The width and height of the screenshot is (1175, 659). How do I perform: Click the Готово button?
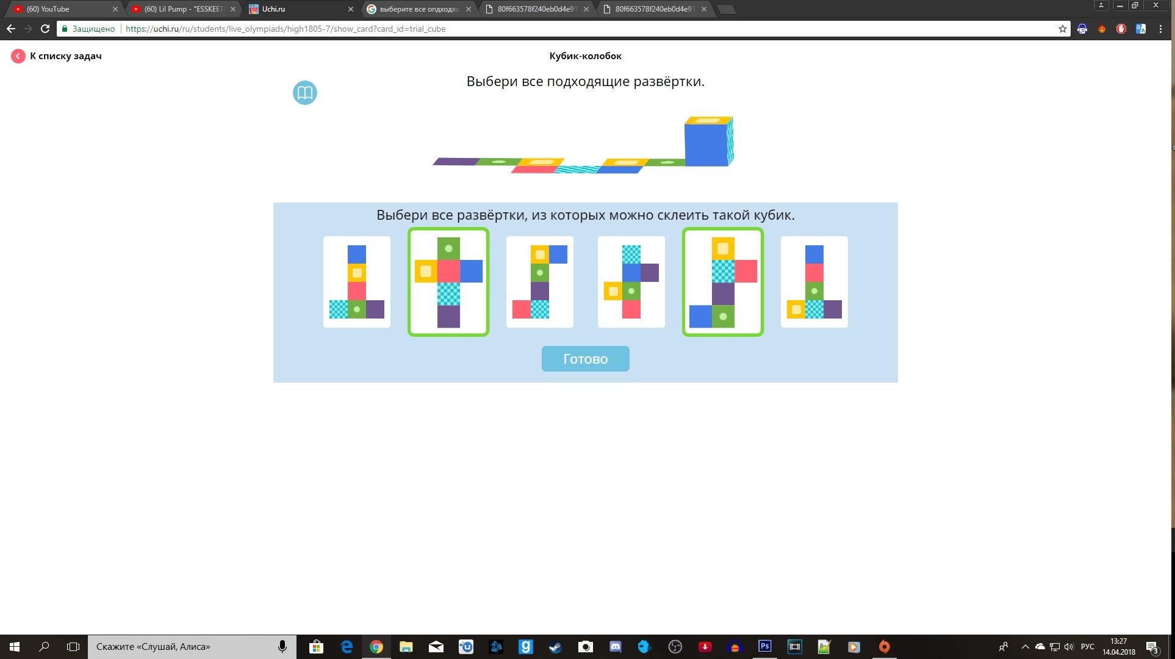click(x=585, y=359)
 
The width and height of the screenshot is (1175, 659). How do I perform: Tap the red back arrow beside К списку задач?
click(x=18, y=56)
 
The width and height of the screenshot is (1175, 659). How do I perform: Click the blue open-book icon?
click(x=305, y=93)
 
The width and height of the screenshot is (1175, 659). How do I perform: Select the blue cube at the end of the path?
click(x=709, y=142)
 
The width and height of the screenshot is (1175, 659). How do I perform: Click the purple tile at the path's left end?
click(x=456, y=162)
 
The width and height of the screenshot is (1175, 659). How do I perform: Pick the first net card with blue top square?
click(x=357, y=282)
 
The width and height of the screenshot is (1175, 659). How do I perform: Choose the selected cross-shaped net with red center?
click(x=448, y=282)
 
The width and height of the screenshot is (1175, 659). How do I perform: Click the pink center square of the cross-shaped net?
click(x=448, y=271)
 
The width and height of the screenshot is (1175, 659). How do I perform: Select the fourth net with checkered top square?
click(x=631, y=282)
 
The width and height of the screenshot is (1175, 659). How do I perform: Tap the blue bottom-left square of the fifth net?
click(x=700, y=317)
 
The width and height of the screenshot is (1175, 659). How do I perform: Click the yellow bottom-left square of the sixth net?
click(x=796, y=309)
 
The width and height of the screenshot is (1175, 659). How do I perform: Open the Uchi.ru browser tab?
click(x=299, y=9)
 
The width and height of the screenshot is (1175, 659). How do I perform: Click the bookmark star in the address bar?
click(x=1062, y=29)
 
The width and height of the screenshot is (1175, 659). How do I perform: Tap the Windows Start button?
click(x=15, y=647)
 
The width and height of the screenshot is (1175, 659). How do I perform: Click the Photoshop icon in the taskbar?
click(x=764, y=647)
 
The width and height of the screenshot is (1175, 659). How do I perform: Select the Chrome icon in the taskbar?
click(x=376, y=647)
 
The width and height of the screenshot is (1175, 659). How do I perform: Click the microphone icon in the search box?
click(x=282, y=647)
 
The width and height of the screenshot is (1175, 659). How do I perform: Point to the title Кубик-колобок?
click(x=585, y=56)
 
